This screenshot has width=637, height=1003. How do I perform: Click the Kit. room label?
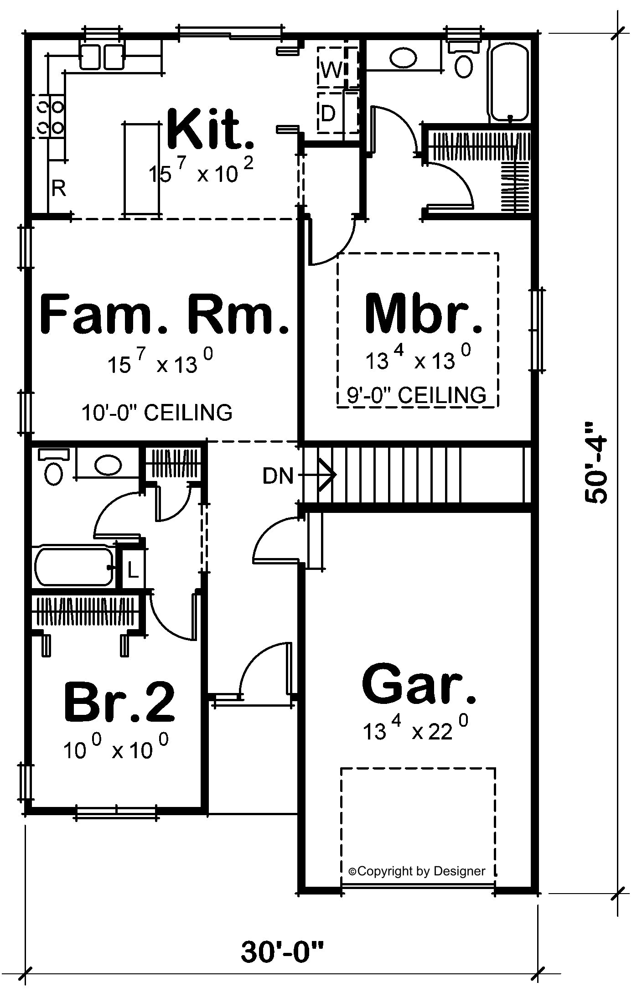(210, 129)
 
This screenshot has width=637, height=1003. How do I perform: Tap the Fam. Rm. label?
(165, 314)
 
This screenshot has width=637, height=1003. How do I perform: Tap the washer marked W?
(337, 67)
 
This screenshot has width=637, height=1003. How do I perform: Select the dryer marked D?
(337, 113)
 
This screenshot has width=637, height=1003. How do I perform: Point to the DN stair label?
(278, 476)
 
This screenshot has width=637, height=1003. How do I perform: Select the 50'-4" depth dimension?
(596, 463)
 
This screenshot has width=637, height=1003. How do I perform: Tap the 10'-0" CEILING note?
(157, 413)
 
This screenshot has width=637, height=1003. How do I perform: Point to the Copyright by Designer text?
(417, 871)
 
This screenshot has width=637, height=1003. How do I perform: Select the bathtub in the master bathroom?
(509, 82)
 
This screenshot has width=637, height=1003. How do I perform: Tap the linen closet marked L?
(132, 570)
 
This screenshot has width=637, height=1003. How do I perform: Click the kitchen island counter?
(142, 168)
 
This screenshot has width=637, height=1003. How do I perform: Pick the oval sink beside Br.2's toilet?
(108, 465)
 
